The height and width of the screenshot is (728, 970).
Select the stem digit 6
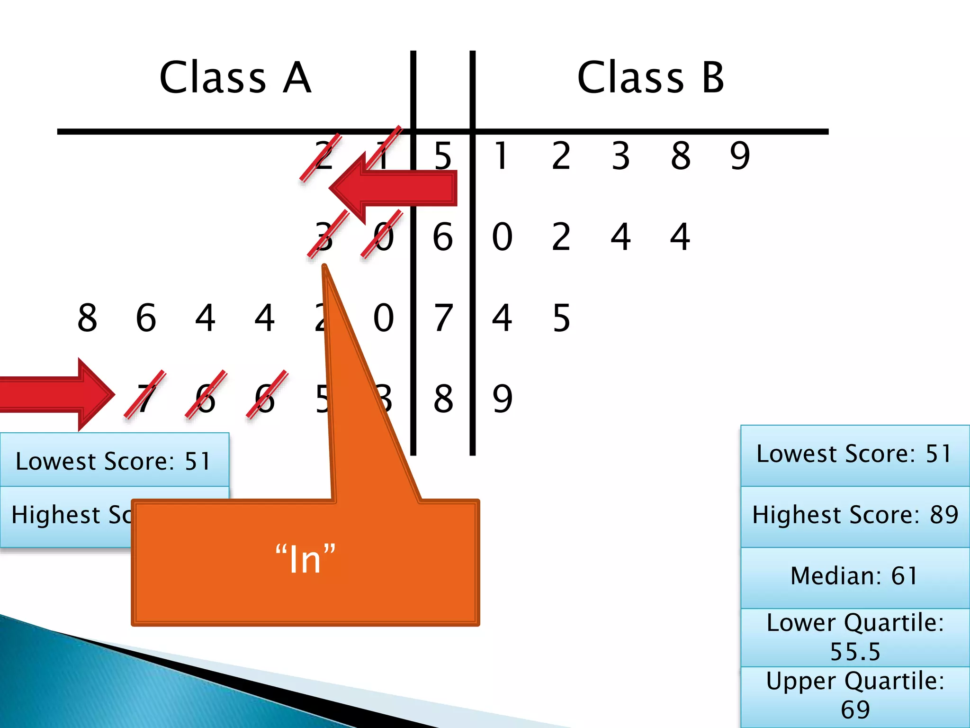pos(443,237)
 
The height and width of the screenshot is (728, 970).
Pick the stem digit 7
pos(443,318)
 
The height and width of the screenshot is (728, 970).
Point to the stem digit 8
pos(443,399)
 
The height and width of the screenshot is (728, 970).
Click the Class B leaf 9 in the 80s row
pos(503,399)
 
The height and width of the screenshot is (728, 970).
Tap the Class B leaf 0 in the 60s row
pos(503,237)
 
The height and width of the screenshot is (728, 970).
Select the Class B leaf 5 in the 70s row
pos(562,318)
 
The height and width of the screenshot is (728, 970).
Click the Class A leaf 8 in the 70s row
pos(88,318)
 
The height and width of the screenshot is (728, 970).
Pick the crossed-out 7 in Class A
pos(145,397)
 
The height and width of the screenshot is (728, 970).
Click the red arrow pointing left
pos(393,188)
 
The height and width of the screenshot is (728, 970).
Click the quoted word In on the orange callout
pos(305,560)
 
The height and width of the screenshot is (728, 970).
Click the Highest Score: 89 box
pos(854,516)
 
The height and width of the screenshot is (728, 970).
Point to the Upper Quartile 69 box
pos(854,696)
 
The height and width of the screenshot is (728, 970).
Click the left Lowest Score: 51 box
pos(114,461)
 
